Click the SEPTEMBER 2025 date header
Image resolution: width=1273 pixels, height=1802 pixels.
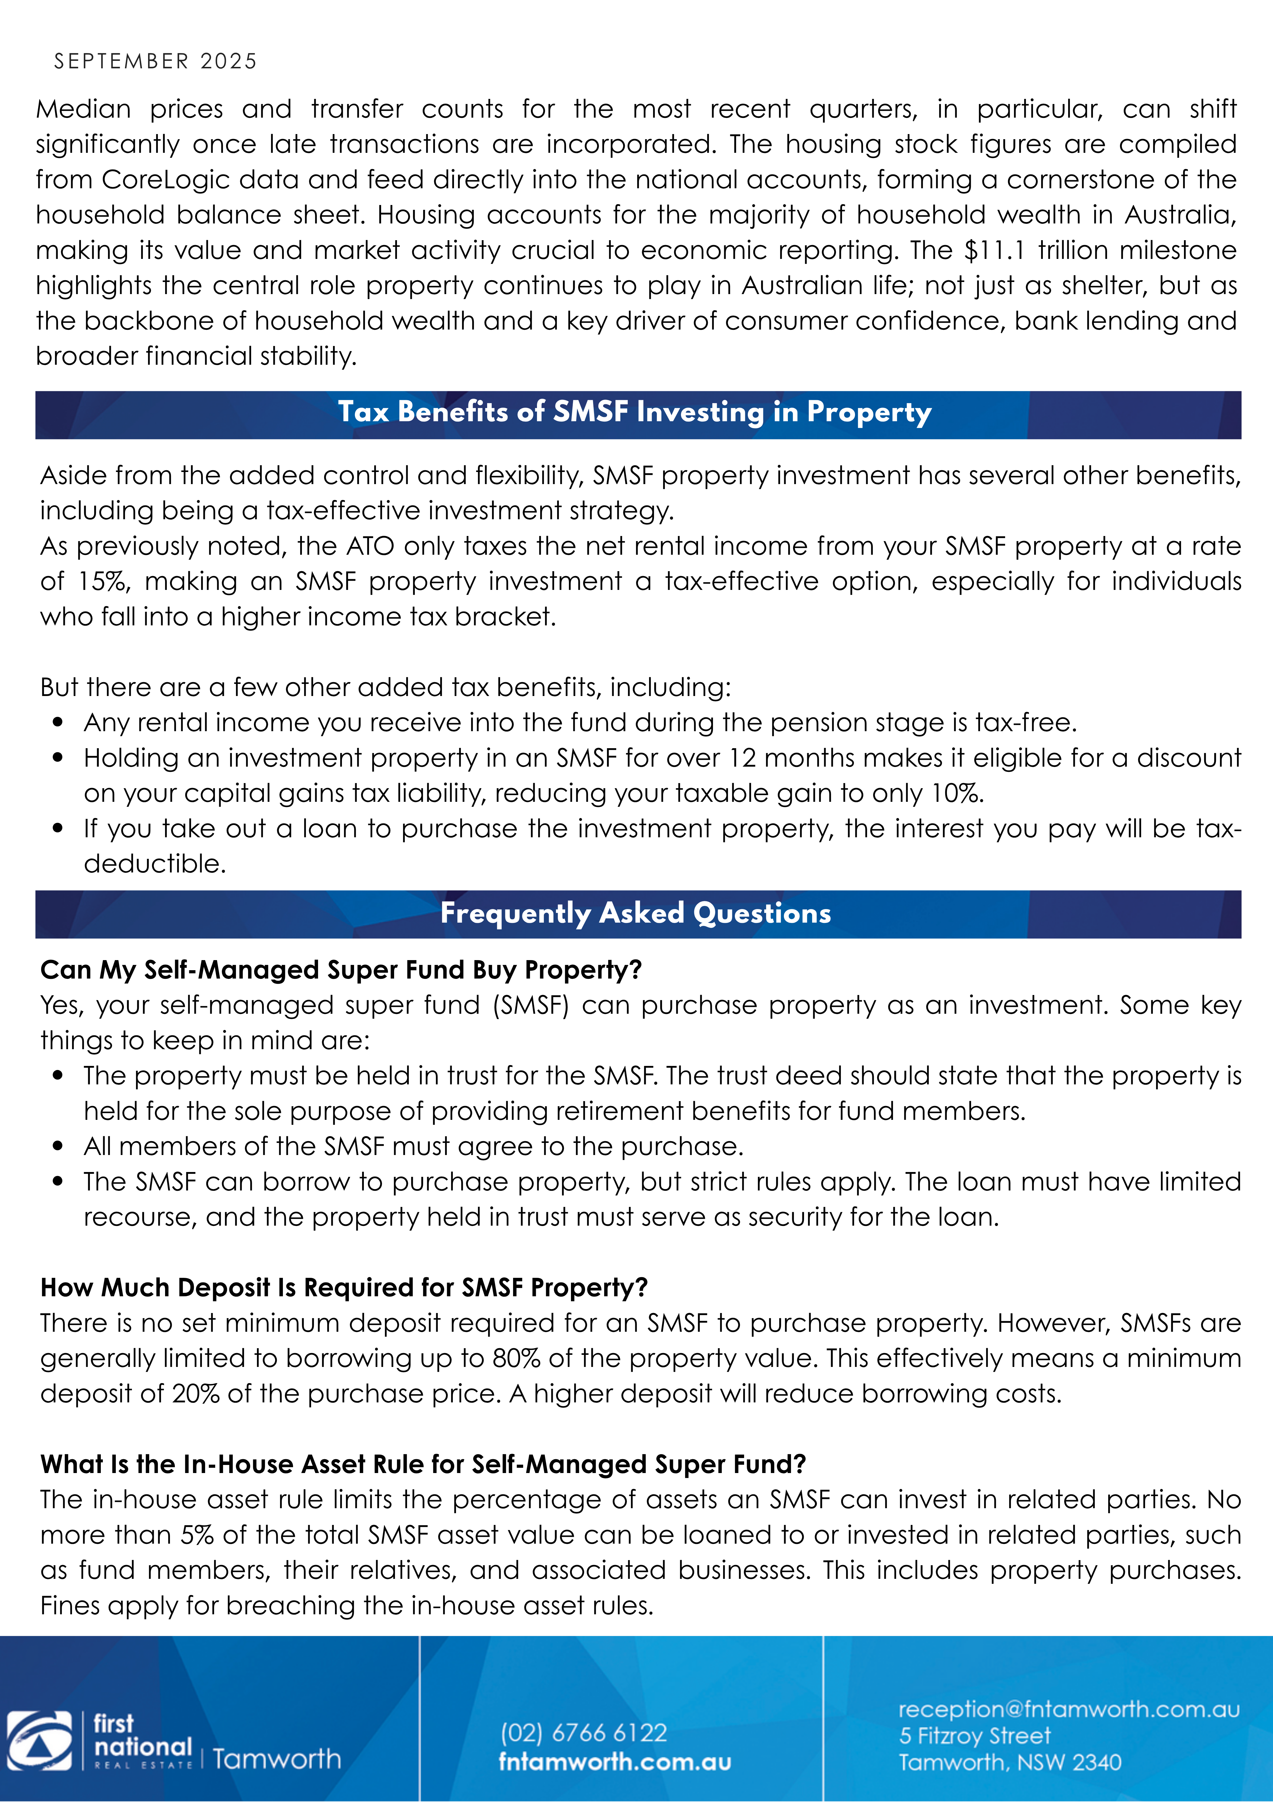155,61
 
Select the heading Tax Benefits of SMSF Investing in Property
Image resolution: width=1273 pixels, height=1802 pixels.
635,412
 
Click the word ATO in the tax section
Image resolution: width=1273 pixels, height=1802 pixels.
370,546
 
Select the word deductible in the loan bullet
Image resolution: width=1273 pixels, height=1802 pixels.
154,864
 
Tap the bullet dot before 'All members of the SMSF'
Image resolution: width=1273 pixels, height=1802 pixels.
58,1147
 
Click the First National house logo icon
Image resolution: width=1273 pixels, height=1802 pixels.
40,1741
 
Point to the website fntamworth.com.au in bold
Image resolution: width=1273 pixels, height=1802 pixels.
615,1762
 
